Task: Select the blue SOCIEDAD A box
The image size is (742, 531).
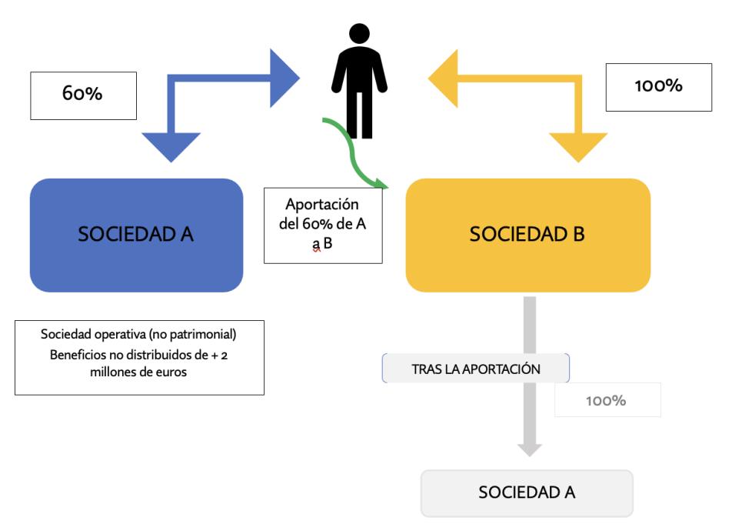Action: [136, 235]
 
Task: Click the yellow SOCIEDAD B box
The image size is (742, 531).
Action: [527, 235]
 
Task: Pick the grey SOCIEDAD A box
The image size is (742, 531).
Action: [527, 493]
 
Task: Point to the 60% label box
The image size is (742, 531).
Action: [83, 95]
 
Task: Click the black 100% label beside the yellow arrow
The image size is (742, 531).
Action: [658, 86]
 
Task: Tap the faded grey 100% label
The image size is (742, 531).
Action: [607, 400]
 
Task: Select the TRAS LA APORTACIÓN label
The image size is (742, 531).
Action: [476, 369]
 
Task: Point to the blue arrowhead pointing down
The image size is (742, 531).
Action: [171, 145]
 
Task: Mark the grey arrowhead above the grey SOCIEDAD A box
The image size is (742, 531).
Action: [529, 448]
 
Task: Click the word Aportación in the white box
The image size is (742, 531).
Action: [322, 205]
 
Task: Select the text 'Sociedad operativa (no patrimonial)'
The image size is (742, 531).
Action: [139, 336]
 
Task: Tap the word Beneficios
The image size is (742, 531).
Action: [82, 355]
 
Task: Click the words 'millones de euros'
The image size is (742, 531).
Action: [139, 372]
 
